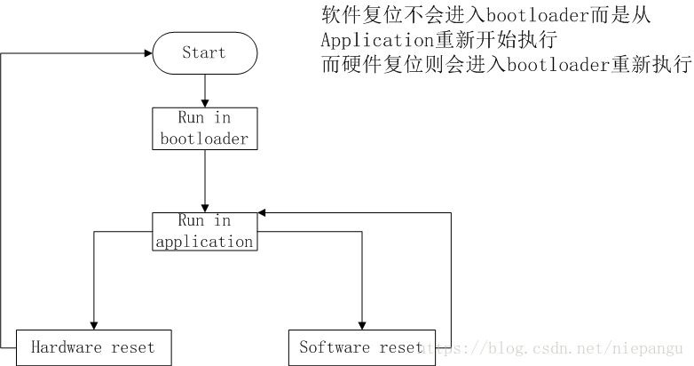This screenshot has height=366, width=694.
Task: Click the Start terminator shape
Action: pos(205,53)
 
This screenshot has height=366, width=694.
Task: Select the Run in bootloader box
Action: pos(205,129)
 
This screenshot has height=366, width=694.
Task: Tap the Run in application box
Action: pos(205,231)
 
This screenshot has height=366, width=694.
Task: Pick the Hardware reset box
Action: pos(92,347)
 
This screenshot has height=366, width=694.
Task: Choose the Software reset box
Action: pos(362,347)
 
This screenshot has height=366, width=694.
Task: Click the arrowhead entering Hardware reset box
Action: pos(93,324)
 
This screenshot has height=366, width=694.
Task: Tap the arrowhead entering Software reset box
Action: pos(362,324)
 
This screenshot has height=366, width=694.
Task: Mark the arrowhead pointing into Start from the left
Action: pos(146,53)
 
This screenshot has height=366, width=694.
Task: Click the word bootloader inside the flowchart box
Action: pos(204,139)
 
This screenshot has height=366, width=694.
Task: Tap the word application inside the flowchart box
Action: pos(204,242)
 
